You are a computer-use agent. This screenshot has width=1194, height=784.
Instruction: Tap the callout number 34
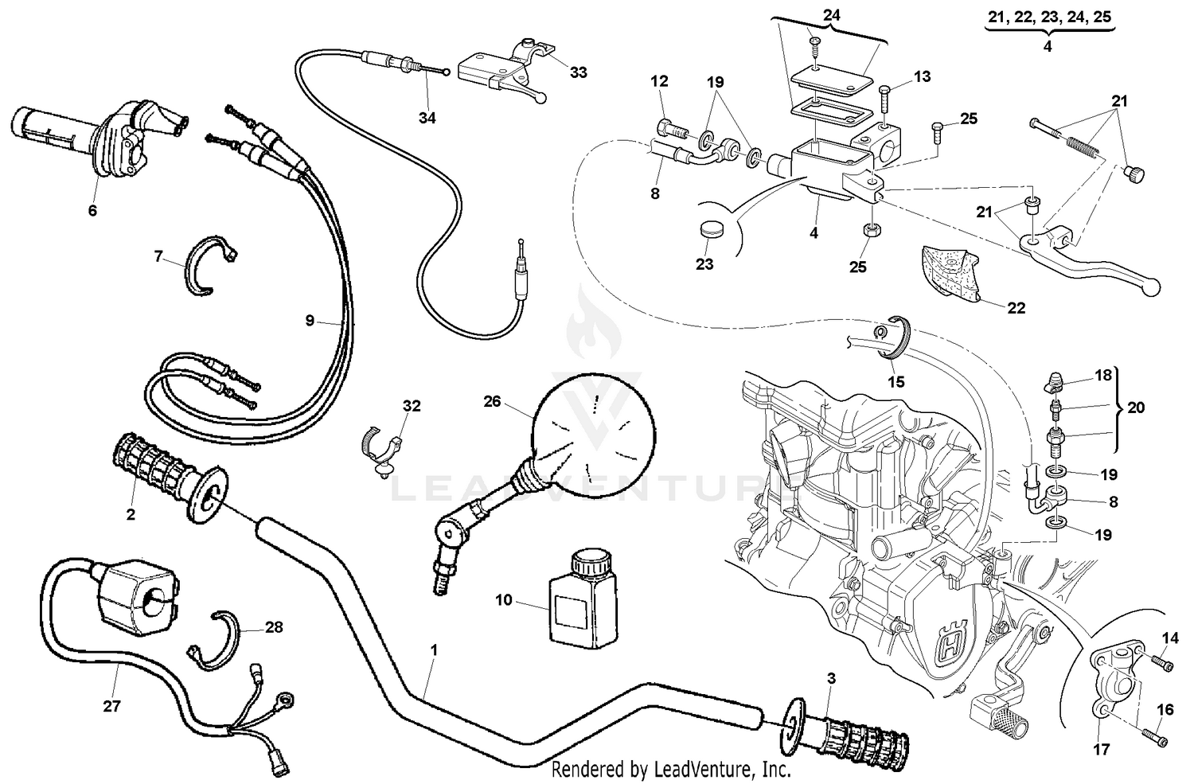(427, 118)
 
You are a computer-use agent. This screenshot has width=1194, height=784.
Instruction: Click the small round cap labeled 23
(708, 232)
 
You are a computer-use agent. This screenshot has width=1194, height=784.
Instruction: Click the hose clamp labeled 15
(895, 337)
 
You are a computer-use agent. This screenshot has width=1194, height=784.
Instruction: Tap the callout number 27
(111, 705)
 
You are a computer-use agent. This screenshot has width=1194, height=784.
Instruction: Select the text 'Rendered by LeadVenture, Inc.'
(671, 770)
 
